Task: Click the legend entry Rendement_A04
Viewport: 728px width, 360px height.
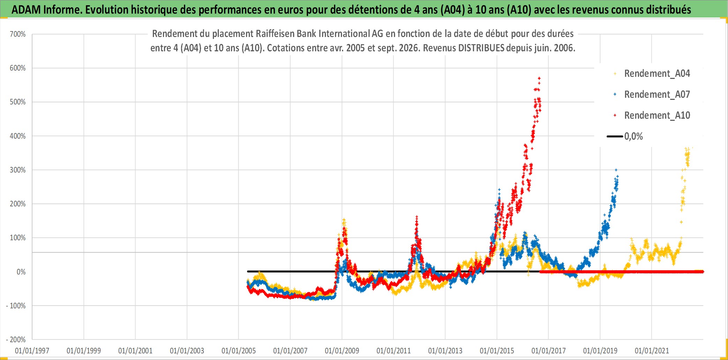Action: (657, 74)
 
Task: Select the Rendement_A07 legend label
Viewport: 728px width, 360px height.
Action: (657, 95)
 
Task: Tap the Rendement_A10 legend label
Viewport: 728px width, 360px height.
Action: (657, 116)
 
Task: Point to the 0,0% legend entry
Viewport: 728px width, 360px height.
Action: (633, 136)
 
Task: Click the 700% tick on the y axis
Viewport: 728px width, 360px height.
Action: (18, 34)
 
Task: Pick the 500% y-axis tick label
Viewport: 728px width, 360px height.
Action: (18, 102)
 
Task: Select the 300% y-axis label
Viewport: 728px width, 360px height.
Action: (18, 170)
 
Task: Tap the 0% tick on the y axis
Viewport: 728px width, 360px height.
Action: (21, 272)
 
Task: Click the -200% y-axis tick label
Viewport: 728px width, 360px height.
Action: (16, 340)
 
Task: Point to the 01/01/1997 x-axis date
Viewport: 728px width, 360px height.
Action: (32, 351)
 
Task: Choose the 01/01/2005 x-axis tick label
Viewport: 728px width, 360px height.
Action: (239, 351)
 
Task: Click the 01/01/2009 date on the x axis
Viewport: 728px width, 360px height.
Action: (342, 351)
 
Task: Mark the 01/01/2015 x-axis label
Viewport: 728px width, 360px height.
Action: (497, 351)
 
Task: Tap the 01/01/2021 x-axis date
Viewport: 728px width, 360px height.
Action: (652, 351)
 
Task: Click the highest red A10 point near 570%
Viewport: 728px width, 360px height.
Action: (539, 78)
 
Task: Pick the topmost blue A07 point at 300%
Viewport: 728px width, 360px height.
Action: (616, 170)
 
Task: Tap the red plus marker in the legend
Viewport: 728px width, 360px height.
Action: (615, 115)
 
